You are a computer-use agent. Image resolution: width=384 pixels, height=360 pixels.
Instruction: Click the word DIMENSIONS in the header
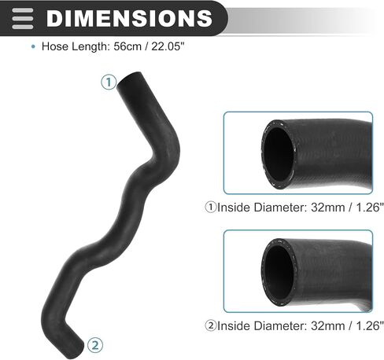click(129, 18)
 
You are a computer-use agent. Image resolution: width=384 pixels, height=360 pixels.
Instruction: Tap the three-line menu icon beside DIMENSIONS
click(23, 18)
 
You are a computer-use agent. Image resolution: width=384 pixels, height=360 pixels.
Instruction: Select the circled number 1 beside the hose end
click(109, 83)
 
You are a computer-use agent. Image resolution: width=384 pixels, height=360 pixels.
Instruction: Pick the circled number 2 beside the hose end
click(95, 345)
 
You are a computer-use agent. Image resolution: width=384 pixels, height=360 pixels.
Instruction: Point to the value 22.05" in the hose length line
click(168, 46)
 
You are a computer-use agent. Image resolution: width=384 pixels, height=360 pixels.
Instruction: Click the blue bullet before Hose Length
click(33, 47)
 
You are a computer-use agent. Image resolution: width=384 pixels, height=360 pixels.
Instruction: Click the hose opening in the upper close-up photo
click(279, 155)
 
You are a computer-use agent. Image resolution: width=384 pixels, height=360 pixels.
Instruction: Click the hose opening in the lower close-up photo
click(279, 273)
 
